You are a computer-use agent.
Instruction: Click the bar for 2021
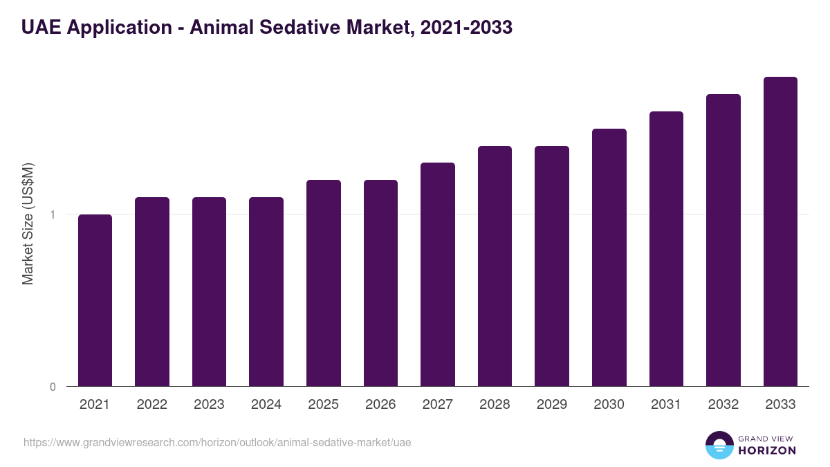pyautogui.click(x=95, y=300)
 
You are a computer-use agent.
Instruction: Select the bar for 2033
pyautogui.click(x=780, y=232)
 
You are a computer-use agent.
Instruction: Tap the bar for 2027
pyautogui.click(x=438, y=275)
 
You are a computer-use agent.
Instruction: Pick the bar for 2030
pyautogui.click(x=609, y=257)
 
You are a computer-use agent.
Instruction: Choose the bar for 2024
pyautogui.click(x=266, y=292)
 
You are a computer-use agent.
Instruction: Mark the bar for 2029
pyautogui.click(x=552, y=266)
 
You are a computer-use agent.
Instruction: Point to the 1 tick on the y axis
pyautogui.click(x=52, y=214)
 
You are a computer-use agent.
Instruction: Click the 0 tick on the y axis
pyautogui.click(x=52, y=387)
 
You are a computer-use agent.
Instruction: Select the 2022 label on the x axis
pyautogui.click(x=152, y=405)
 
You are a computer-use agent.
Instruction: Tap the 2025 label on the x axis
pyautogui.click(x=324, y=405)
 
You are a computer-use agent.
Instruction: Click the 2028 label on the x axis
pyautogui.click(x=495, y=405)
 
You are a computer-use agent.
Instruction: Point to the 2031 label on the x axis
pyautogui.click(x=666, y=405)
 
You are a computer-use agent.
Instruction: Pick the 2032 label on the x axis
pyautogui.click(x=723, y=405)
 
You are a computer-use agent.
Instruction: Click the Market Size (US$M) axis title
pyautogui.click(x=28, y=223)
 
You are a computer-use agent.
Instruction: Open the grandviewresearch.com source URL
pyautogui.click(x=217, y=442)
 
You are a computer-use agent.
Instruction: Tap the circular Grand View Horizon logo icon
pyautogui.click(x=719, y=445)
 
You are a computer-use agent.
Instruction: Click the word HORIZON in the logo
pyautogui.click(x=767, y=450)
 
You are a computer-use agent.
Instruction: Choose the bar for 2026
pyautogui.click(x=380, y=283)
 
